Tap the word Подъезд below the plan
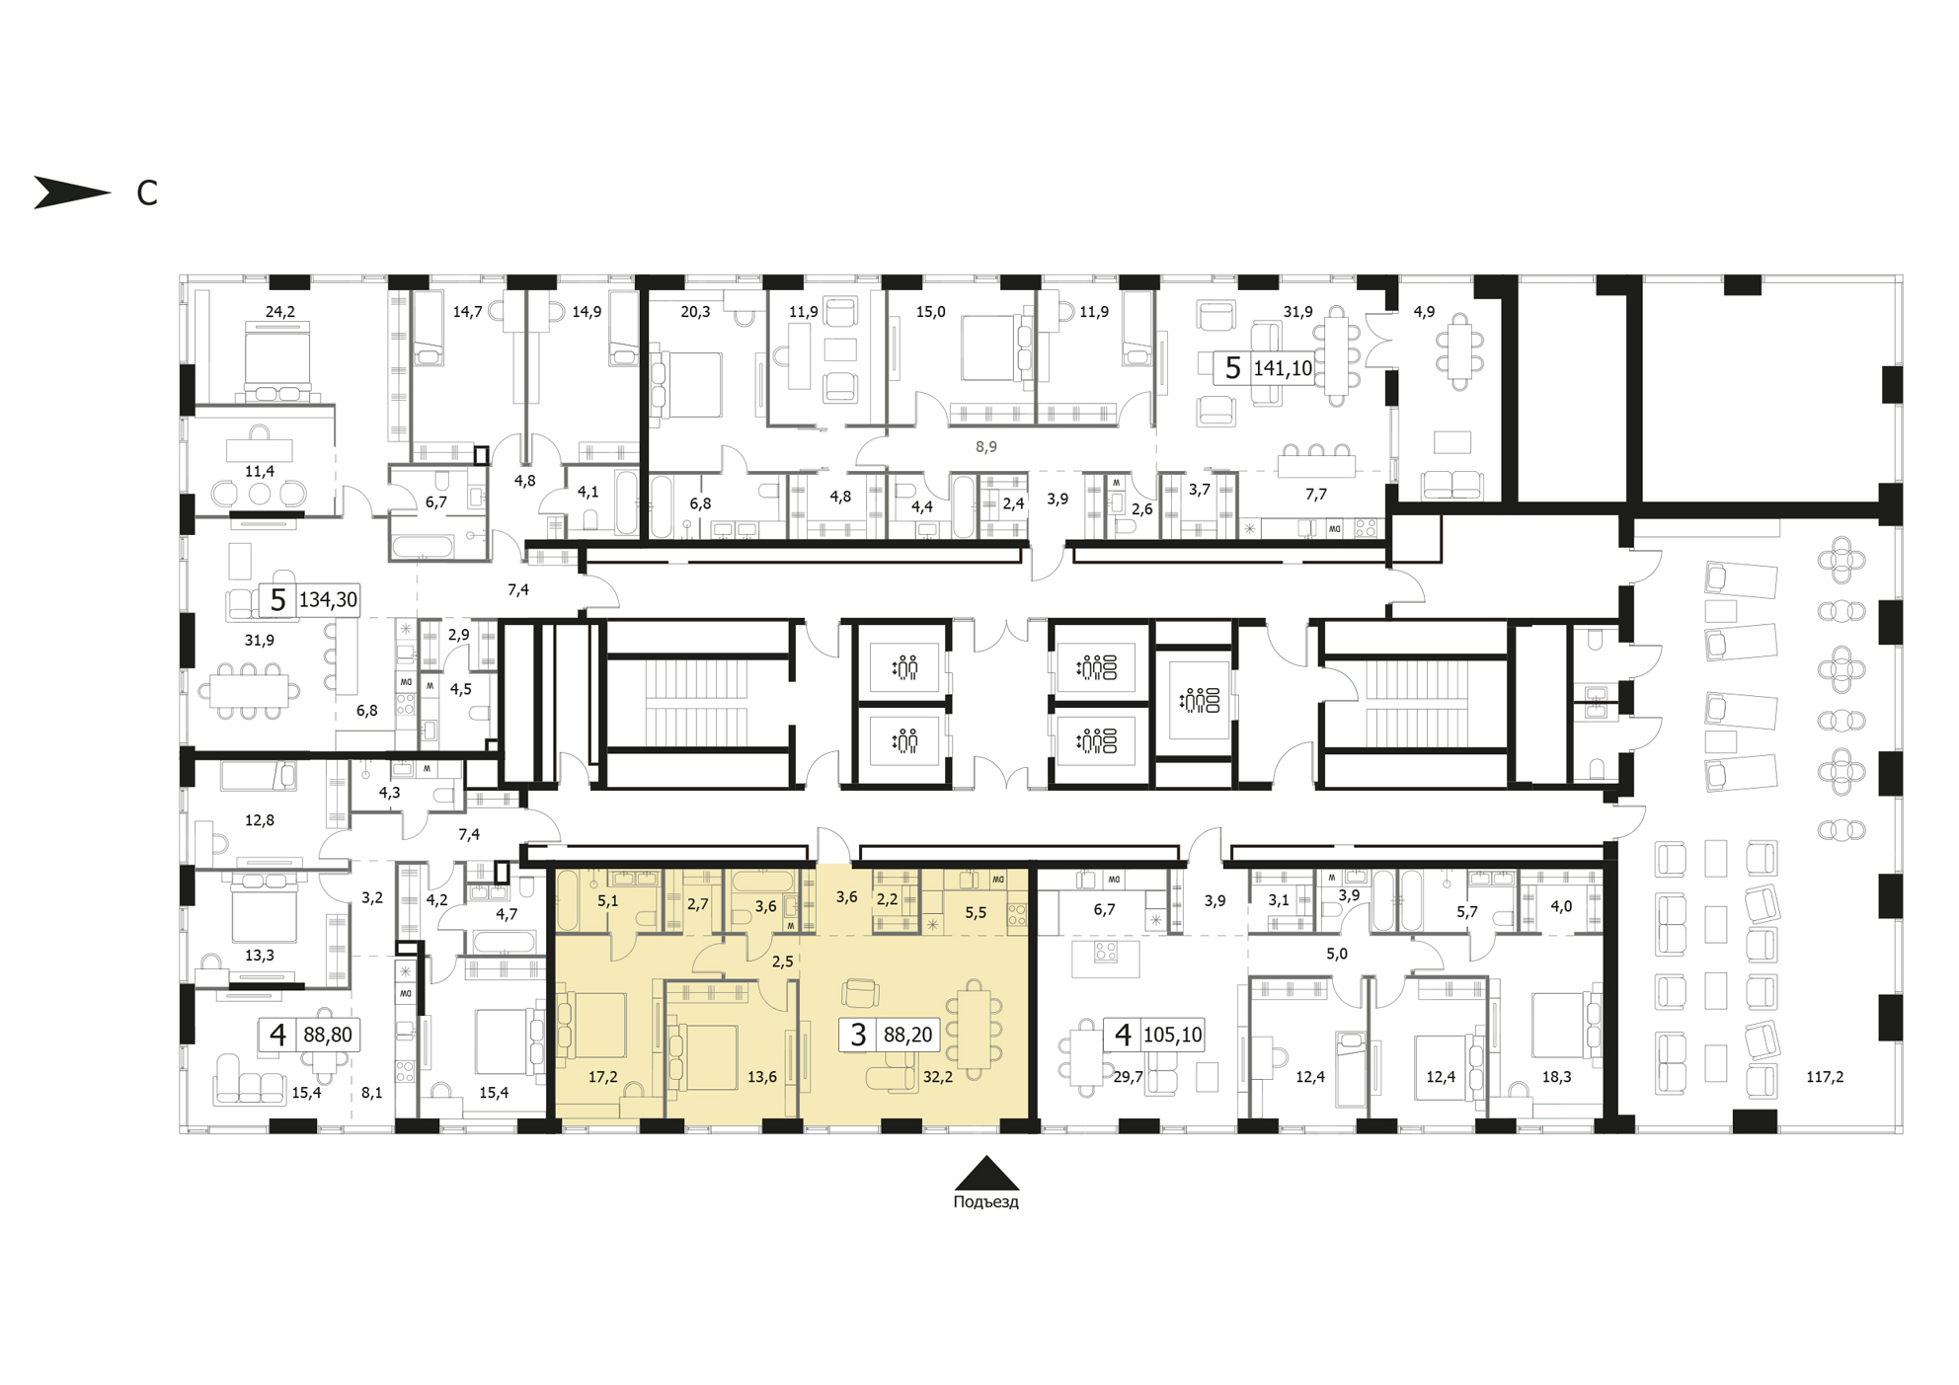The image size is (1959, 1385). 985,1202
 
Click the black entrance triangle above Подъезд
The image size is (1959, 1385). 986,1173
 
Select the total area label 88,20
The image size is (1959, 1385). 907,1035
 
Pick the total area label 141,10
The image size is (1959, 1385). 1283,368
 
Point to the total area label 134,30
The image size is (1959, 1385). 328,599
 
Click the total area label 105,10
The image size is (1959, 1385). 1172,1035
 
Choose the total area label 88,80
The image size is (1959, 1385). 328,1035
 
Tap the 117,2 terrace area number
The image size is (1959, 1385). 1825,1077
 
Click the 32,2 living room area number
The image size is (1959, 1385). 937,1077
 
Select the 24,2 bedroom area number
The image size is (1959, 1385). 279,312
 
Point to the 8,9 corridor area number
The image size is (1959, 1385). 985,447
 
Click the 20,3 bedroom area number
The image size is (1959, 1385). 695,312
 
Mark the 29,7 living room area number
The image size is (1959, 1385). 1128,1077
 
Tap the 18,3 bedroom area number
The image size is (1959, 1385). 1556,1077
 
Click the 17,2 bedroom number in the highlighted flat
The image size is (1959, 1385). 602,1077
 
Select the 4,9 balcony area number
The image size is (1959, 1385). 1424,312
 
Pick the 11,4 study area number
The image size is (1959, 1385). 260,472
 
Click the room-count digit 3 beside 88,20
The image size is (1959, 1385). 858,1035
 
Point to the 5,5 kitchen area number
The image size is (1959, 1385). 976,913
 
